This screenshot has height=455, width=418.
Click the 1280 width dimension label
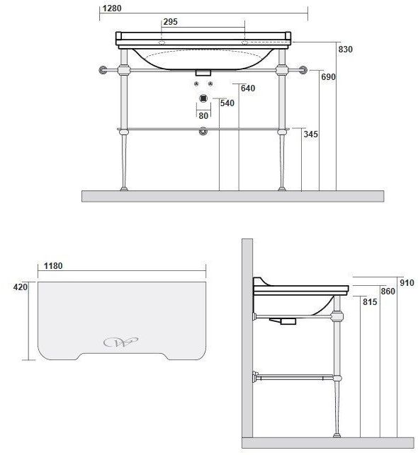(x=112, y=8)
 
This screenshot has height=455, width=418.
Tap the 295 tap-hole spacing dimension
(x=170, y=22)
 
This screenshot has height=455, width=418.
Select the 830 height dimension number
(x=345, y=50)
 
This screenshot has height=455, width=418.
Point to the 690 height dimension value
(x=328, y=77)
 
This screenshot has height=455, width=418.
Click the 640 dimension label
(x=248, y=88)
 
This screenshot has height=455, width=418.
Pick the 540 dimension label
(x=227, y=103)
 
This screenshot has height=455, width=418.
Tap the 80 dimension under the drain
(x=203, y=116)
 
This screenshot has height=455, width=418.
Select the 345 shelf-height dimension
(x=310, y=134)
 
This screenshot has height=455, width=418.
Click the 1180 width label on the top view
(x=53, y=266)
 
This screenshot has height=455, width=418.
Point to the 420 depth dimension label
(x=21, y=287)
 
